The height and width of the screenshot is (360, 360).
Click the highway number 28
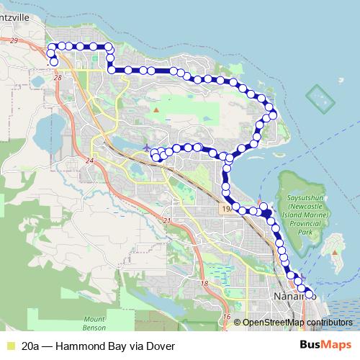pyautogui.click(x=58, y=76)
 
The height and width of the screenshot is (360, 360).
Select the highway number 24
pyautogui.click(x=89, y=160)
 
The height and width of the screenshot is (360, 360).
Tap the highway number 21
pyautogui.click(x=167, y=220)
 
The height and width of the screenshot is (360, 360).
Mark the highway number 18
pyautogui.click(x=204, y=284)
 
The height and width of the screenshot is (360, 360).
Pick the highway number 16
pyautogui.click(x=226, y=317)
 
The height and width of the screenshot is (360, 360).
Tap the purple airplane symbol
pyautogui.click(x=147, y=148)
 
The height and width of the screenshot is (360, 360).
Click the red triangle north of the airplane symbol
pyautogui.click(x=156, y=109)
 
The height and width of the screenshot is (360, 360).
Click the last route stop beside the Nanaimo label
pyautogui.click(x=310, y=294)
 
